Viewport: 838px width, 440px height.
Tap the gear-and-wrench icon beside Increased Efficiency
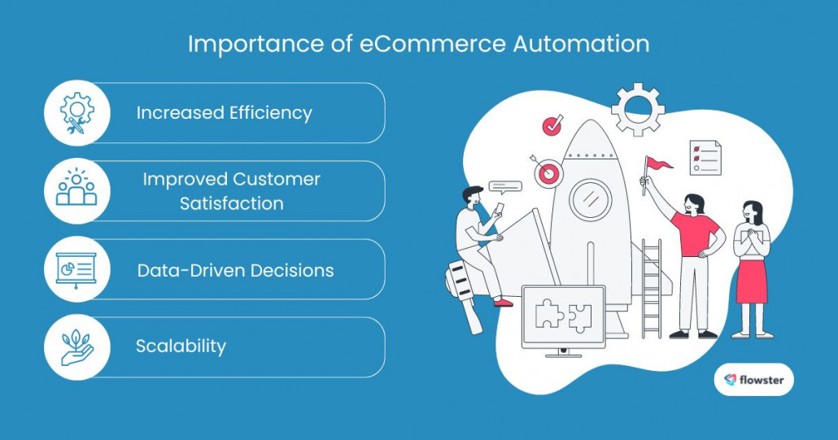pos(77,113)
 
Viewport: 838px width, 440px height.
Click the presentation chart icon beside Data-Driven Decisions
pos(77,269)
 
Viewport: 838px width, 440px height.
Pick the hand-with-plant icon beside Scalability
pos(77,347)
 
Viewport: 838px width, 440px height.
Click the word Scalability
pos(181,346)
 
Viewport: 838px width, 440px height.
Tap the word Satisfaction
pos(232,203)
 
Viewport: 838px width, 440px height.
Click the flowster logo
pos(753,379)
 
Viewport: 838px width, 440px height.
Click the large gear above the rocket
pos(638,109)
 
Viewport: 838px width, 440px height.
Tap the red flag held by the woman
pos(659,164)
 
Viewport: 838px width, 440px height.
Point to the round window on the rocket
pos(590,200)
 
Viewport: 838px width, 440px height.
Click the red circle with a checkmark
pos(553,126)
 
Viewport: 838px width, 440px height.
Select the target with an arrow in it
pos(547,172)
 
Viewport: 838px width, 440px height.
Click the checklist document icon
pos(705,157)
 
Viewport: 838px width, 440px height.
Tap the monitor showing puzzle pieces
pos(563,319)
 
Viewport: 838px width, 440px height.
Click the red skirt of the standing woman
pos(752,281)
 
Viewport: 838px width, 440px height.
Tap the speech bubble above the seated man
pos(504,187)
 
